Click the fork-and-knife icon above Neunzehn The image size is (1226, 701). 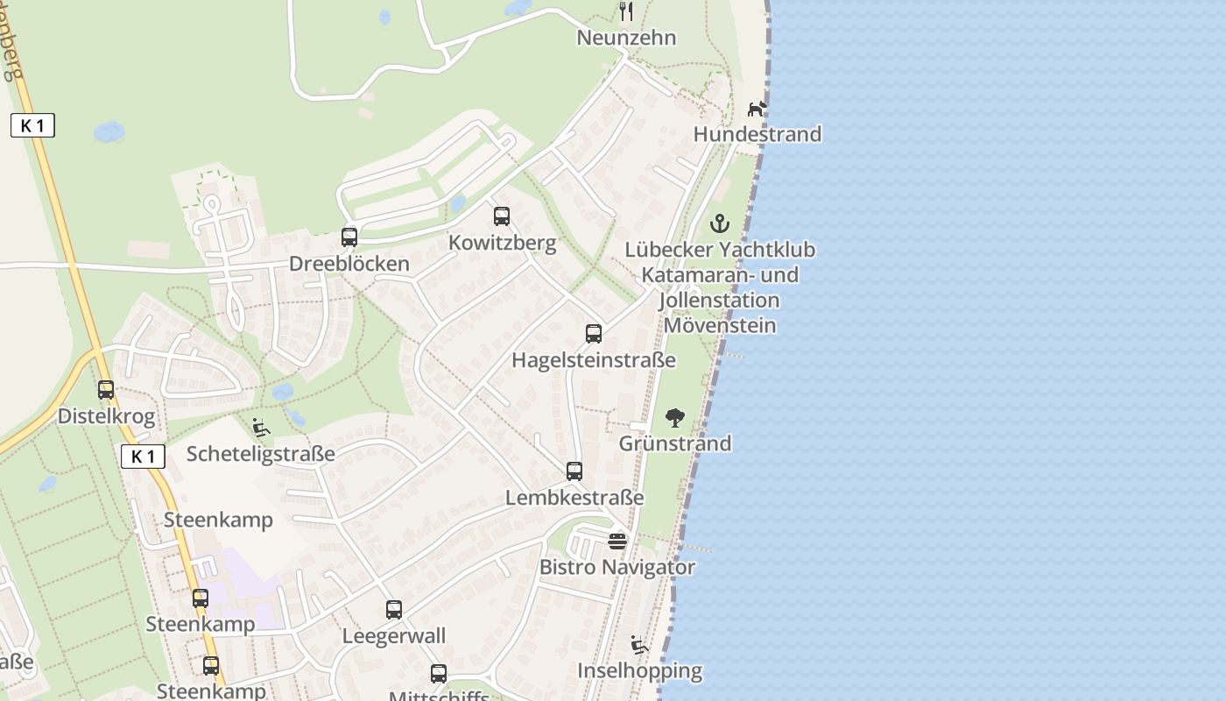coord(625,11)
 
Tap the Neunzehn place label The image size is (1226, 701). coord(626,39)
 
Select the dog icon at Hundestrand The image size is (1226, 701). coord(757,109)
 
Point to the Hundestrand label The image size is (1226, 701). coord(757,134)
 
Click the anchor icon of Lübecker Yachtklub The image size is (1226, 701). coord(720,223)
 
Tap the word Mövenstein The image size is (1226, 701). coord(720,326)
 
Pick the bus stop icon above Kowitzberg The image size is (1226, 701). coord(502,216)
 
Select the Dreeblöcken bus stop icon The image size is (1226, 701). coord(349,237)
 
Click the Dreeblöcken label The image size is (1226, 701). coord(349,264)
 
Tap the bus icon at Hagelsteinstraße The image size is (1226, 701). coord(594,334)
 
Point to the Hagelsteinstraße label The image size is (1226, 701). coord(594,360)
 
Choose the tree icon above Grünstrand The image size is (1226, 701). coord(675,417)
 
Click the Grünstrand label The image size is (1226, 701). coord(675,443)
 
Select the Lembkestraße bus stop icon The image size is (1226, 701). coord(574,471)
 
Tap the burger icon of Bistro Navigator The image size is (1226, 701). coord(617,541)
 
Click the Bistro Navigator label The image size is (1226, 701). coord(617,567)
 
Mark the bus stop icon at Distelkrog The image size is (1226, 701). coord(106,390)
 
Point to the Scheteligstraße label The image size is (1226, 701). coord(261,454)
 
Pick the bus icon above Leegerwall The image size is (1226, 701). coord(394,610)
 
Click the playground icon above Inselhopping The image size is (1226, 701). coord(639,646)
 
